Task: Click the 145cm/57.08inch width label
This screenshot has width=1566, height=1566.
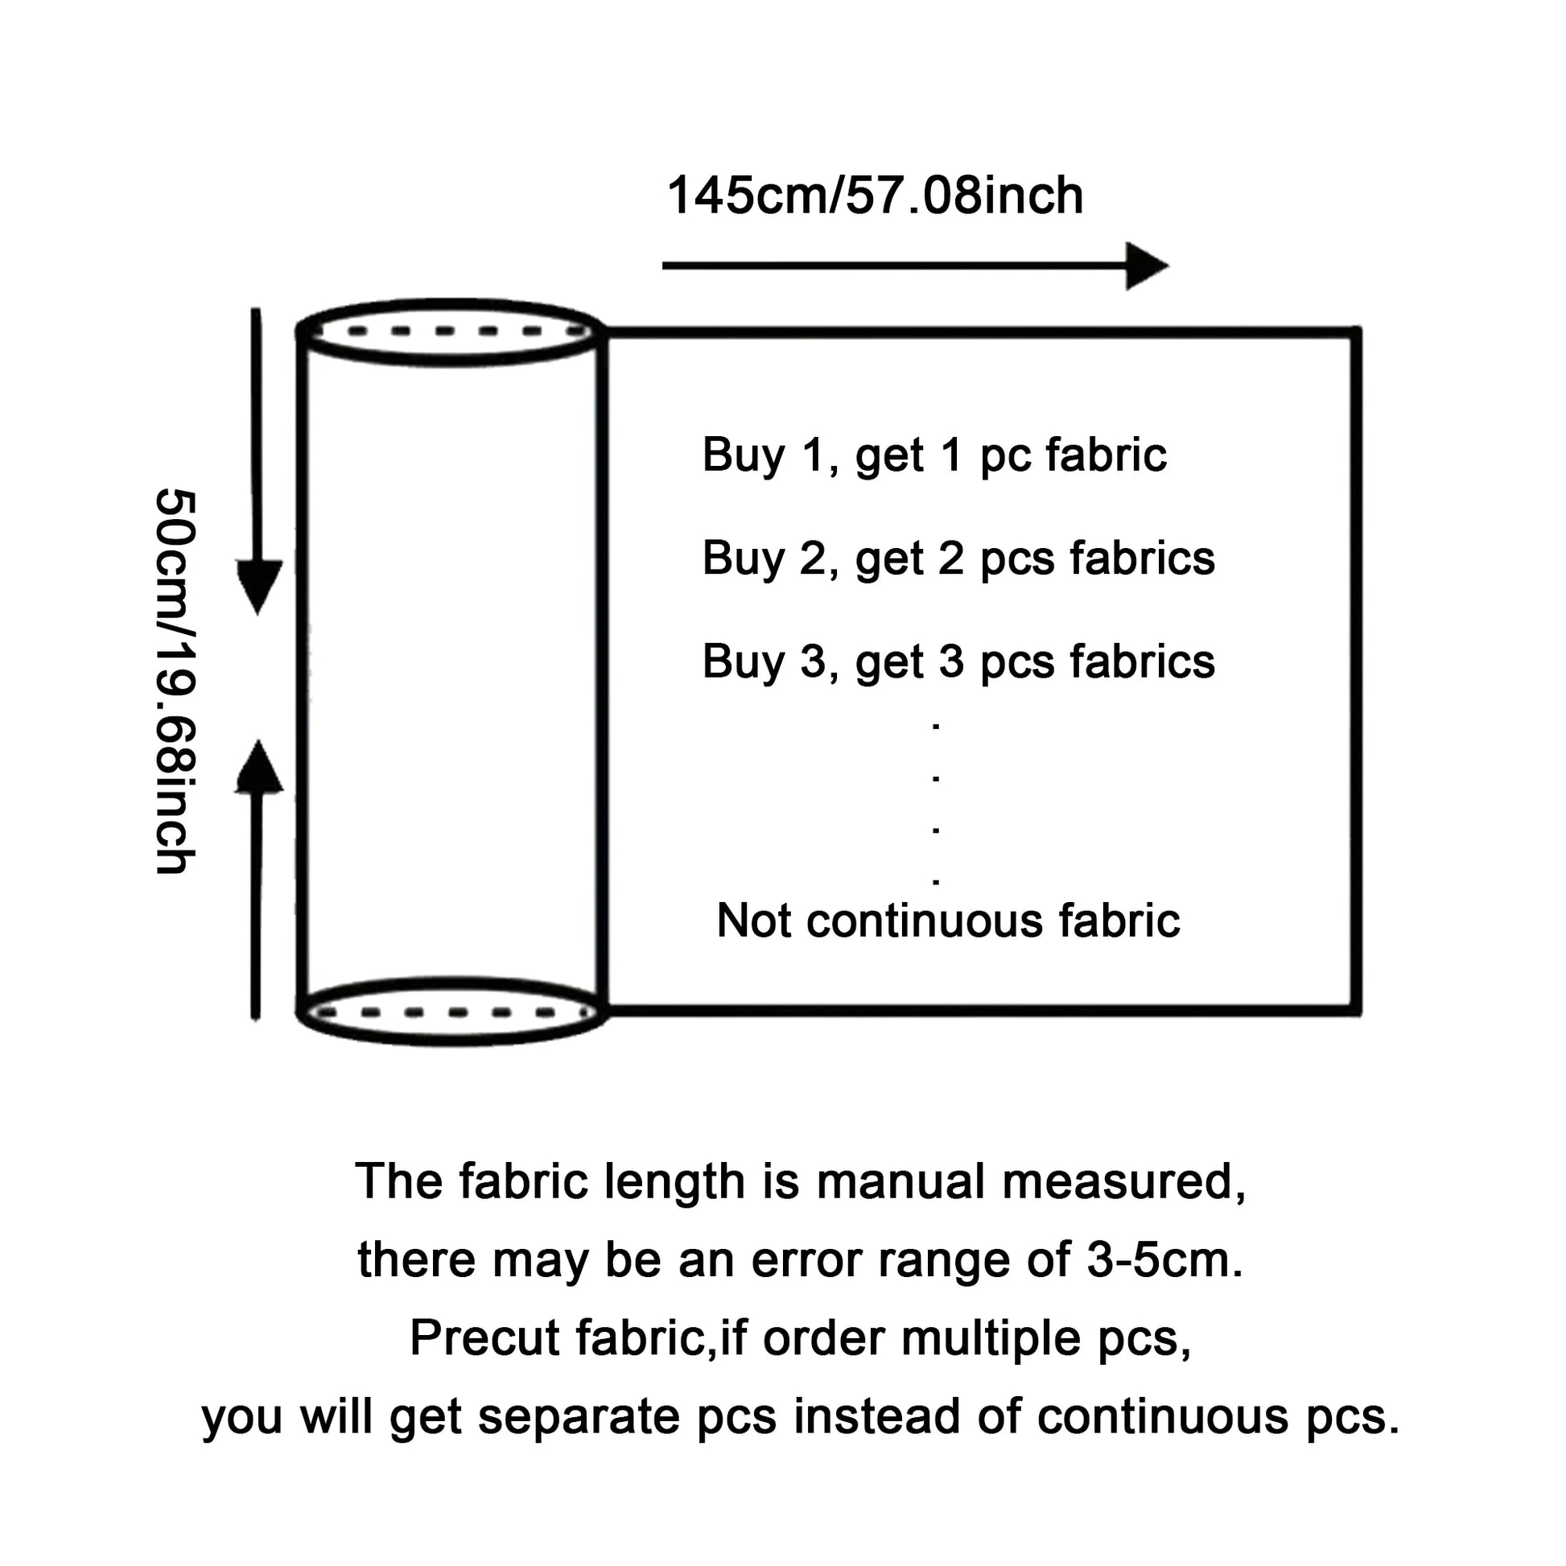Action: (x=875, y=196)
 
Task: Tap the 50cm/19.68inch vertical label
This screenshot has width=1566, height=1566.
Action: (x=175, y=681)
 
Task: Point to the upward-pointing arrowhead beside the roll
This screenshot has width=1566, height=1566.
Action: (x=258, y=769)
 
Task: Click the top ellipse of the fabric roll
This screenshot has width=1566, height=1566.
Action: (x=451, y=332)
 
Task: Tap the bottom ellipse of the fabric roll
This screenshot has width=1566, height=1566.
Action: (x=451, y=1012)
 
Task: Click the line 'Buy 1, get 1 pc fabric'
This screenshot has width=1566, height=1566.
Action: (x=933, y=455)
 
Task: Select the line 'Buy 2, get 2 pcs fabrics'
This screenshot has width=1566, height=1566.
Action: (x=958, y=558)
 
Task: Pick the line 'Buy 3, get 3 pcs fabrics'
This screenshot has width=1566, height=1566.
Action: (x=958, y=661)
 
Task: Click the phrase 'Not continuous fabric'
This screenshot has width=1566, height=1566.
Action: (x=948, y=921)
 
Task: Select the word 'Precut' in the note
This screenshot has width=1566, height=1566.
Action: (x=484, y=1338)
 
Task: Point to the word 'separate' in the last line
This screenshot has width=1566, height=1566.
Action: (x=576, y=1417)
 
